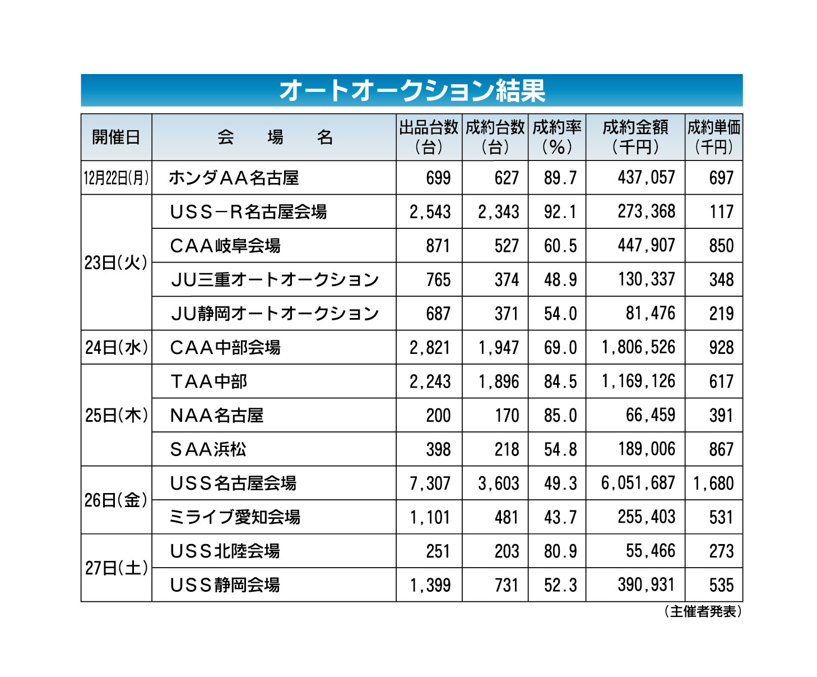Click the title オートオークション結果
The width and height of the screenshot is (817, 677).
412,90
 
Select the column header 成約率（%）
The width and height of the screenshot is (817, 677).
556,137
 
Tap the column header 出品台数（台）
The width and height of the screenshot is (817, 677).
429,137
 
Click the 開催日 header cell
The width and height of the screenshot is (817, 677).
116,137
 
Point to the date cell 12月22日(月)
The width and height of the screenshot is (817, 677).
117,178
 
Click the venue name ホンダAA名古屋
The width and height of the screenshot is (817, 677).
234,178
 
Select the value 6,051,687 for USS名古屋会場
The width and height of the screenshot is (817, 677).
638,483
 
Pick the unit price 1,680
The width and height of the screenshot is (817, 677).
713,483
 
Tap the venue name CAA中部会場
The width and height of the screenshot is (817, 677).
225,348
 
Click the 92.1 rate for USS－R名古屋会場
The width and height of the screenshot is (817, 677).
560,212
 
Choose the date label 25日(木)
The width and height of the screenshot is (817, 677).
117,415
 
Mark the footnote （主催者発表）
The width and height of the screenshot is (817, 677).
703,611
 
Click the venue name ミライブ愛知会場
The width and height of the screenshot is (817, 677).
235,517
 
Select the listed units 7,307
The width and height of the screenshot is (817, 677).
430,483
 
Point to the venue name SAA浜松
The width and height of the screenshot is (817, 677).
208,449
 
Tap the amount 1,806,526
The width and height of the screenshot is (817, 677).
638,348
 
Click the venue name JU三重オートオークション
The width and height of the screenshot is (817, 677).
275,279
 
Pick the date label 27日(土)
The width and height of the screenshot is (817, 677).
117,568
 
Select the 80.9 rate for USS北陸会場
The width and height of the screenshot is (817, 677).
560,551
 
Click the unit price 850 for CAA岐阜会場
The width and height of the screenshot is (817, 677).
721,246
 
